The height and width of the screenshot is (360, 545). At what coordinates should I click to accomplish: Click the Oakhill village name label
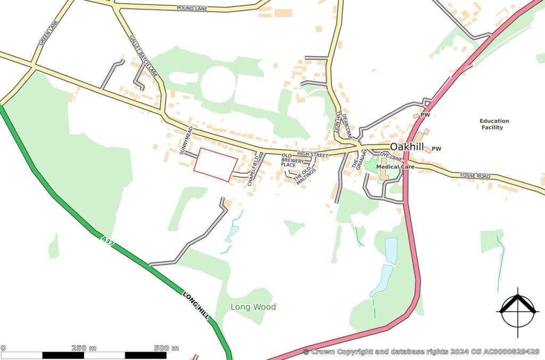pyautogui.click(x=407, y=147)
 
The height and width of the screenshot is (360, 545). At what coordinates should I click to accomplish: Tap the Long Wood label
pyautogui.click(x=253, y=307)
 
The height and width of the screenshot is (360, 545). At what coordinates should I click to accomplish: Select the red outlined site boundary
pyautogui.click(x=216, y=164)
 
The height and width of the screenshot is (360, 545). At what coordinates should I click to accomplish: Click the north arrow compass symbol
pyautogui.click(x=516, y=311)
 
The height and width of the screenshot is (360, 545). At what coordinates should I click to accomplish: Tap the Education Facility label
pyautogui.click(x=494, y=124)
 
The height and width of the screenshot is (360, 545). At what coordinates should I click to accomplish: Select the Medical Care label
pyautogui.click(x=395, y=167)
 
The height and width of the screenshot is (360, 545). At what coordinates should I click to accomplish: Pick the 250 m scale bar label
pyautogui.click(x=84, y=348)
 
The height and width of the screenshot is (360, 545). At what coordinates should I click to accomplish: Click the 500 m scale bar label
pyautogui.click(x=167, y=348)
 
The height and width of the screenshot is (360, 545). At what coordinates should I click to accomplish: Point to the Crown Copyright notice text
pyautogui.click(x=421, y=351)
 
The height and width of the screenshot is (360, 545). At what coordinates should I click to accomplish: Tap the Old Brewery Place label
pyautogui.click(x=293, y=160)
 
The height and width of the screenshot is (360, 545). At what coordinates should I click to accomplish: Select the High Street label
pyautogui.click(x=312, y=154)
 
